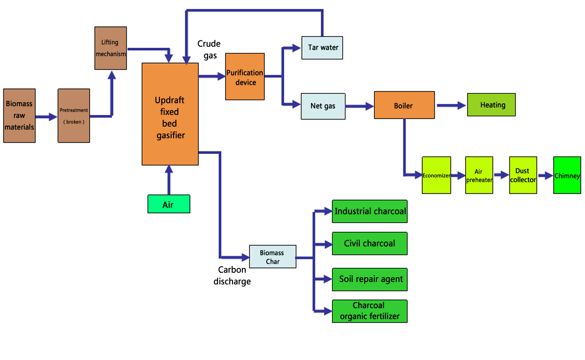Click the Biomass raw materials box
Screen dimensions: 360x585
click(x=19, y=115)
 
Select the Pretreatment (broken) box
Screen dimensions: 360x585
click(x=74, y=115)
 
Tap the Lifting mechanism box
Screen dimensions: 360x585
click(x=110, y=48)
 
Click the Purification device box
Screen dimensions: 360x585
click(x=245, y=77)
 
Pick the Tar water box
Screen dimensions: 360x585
click(x=322, y=48)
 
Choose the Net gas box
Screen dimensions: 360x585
click(x=323, y=106)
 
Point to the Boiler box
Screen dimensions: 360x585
click(x=404, y=105)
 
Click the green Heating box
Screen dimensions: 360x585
click(x=491, y=105)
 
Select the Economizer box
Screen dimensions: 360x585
click(x=436, y=175)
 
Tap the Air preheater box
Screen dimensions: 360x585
click(x=479, y=175)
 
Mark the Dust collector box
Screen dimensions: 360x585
click(x=523, y=175)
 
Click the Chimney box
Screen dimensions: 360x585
click(x=567, y=175)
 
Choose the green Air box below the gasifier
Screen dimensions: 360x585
click(x=168, y=204)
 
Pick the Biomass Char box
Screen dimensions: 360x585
click(x=272, y=257)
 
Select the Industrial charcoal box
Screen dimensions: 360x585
click(x=370, y=211)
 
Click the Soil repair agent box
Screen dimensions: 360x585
click(x=370, y=279)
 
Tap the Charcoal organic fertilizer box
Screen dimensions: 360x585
click(x=370, y=311)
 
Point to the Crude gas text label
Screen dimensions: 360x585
click(x=209, y=49)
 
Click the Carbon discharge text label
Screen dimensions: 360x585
click(x=232, y=275)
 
